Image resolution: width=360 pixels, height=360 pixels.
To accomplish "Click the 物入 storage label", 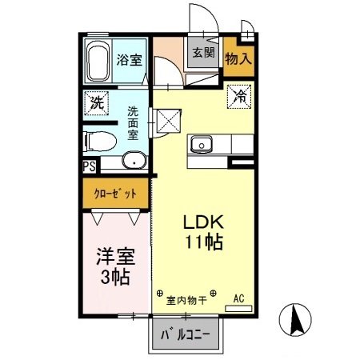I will (238, 58).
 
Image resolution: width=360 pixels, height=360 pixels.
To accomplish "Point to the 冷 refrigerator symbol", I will (239, 96).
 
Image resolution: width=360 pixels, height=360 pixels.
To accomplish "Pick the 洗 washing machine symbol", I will (97, 102).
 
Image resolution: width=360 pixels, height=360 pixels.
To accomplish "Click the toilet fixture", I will (101, 141).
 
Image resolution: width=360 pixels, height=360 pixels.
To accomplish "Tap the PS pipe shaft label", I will (88, 166).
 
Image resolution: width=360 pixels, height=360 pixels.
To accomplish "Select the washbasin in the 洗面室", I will (134, 161).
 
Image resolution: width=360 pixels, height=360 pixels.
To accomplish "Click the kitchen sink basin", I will (201, 146).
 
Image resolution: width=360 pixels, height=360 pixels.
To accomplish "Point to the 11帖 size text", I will (203, 242).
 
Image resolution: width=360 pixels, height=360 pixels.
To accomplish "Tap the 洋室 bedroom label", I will (115, 258).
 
